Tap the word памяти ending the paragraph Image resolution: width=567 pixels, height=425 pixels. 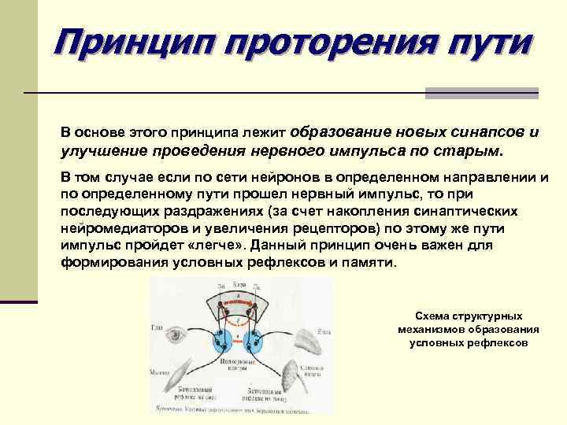[x=368, y=263]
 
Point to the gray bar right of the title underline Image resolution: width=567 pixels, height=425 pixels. [x=481, y=93]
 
